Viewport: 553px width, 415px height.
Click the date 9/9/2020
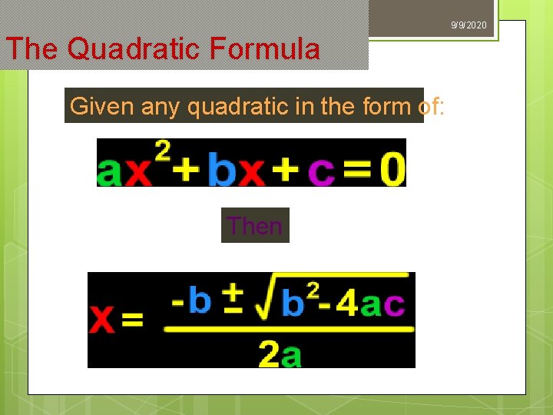pyautogui.click(x=469, y=26)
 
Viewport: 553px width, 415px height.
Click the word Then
pyautogui.click(x=255, y=226)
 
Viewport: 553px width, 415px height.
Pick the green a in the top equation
pyautogui.click(x=110, y=171)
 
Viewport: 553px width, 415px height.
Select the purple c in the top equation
pyautogui.click(x=321, y=171)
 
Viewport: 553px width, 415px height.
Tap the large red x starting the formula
pyautogui.click(x=103, y=319)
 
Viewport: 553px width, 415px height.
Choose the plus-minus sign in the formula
pyautogui.click(x=233, y=299)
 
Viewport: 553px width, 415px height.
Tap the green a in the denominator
pyautogui.click(x=291, y=355)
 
